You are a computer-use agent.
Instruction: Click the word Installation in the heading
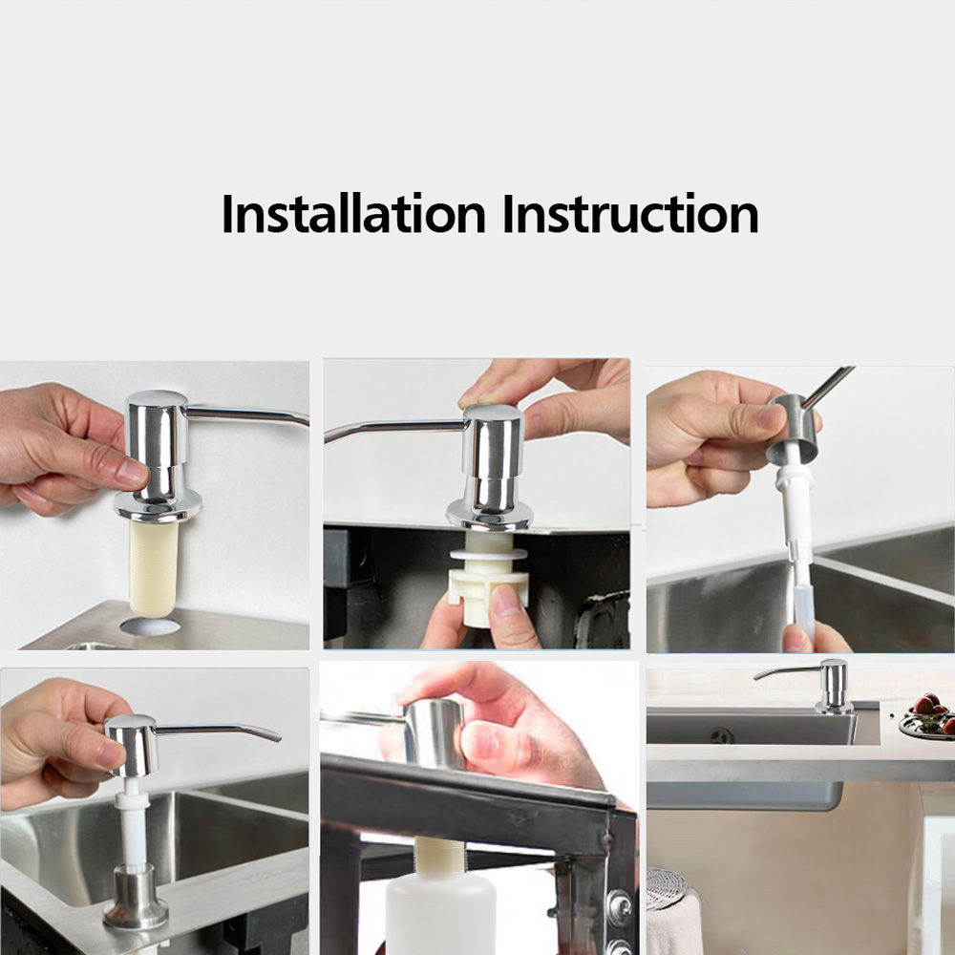[x=353, y=214]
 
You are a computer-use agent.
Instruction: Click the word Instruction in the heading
[x=630, y=214]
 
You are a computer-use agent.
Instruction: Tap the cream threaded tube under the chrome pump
[x=154, y=565]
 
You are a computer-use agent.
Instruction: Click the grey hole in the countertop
[x=150, y=626]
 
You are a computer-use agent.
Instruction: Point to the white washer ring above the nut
[x=488, y=554]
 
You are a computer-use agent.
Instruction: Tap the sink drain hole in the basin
[x=722, y=735]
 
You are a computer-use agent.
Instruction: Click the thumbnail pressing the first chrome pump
[x=132, y=474]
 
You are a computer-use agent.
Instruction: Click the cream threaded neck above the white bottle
[x=439, y=857]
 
